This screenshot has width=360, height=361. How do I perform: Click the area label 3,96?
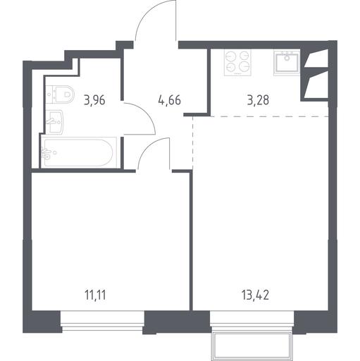[x=94, y=100]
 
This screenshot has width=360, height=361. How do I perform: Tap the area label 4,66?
[x=170, y=100]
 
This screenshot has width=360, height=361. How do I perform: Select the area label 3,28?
[x=258, y=100]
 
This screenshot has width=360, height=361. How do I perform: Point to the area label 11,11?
[x=95, y=295]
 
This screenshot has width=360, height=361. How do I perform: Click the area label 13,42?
[x=255, y=295]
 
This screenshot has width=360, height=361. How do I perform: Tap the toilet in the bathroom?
[x=60, y=94]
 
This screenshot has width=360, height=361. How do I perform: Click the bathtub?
[x=79, y=153]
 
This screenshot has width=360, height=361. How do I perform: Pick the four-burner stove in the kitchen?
[x=237, y=63]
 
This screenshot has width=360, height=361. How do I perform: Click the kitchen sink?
[x=287, y=63]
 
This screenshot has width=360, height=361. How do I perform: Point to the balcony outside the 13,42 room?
[x=253, y=343]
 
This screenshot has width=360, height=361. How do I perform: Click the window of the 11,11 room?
[x=102, y=321]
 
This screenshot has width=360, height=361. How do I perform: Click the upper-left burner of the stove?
[x=230, y=56]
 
